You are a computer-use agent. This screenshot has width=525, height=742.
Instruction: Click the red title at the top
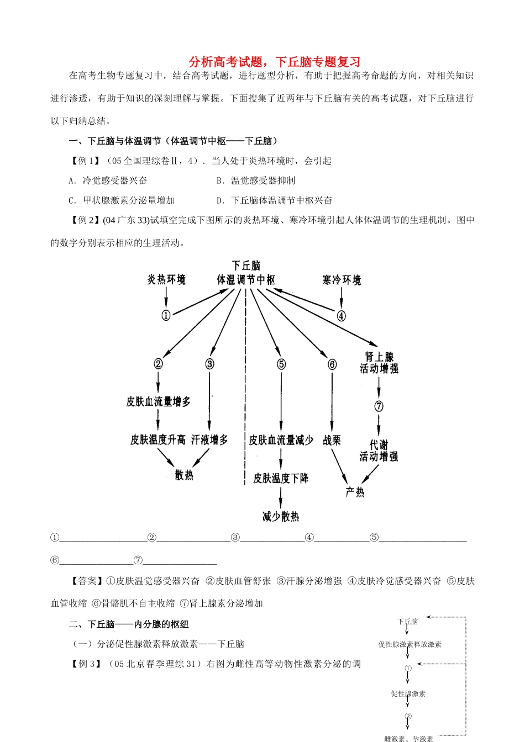click(275, 62)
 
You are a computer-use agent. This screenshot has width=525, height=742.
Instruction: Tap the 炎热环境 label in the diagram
click(166, 279)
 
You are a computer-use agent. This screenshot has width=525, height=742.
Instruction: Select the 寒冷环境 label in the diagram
click(341, 280)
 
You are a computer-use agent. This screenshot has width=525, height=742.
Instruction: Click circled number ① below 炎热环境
click(166, 315)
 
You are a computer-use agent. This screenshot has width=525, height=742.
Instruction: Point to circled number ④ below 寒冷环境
click(341, 316)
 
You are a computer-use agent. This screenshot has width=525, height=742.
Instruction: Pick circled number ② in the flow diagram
click(158, 364)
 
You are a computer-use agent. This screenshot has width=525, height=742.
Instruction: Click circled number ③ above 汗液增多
click(209, 364)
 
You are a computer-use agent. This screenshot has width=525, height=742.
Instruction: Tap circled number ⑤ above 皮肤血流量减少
click(281, 364)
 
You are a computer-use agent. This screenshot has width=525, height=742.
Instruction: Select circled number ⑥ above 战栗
click(332, 364)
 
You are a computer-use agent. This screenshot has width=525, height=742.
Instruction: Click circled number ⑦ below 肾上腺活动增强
click(379, 406)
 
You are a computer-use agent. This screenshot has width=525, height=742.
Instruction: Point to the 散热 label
click(184, 475)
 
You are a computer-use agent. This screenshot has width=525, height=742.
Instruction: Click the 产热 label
click(355, 492)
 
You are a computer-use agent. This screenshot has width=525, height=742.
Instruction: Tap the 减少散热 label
click(281, 517)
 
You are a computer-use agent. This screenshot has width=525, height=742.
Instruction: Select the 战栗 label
click(332, 440)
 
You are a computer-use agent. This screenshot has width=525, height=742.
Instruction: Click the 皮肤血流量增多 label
click(158, 401)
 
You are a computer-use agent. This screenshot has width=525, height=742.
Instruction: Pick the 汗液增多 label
click(209, 440)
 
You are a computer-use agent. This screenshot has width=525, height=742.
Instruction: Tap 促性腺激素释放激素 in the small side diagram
click(410, 644)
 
